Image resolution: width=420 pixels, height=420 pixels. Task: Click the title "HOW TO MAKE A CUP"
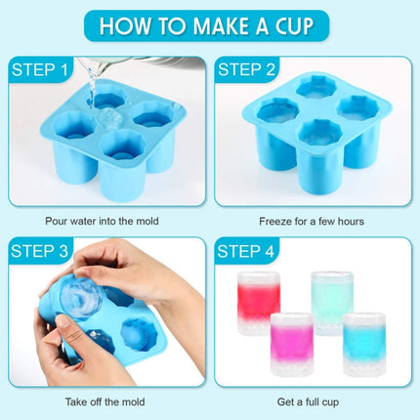[x=210, y=25]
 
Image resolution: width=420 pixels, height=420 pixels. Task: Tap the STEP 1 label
[x=40, y=69]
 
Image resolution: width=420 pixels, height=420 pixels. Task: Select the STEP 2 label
[x=246, y=69]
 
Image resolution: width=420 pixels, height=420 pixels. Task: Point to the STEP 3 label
[x=40, y=252]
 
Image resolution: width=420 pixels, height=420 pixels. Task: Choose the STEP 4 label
[x=246, y=252]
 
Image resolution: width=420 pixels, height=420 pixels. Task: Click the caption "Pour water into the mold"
[x=102, y=221]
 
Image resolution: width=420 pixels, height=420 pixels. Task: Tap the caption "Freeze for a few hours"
[x=312, y=221]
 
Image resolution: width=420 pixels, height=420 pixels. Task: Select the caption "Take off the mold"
[x=102, y=400]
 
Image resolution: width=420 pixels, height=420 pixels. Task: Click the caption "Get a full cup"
[x=312, y=400]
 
